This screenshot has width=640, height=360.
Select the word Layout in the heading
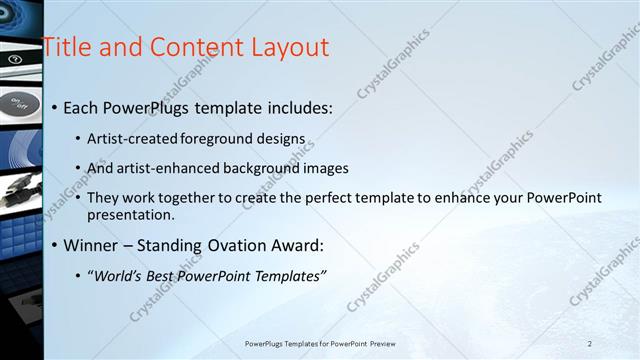tap(289, 46)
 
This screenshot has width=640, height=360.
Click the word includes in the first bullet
tap(297, 107)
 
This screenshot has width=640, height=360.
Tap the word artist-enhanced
tap(166, 168)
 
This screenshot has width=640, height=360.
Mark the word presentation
tap(130, 214)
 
